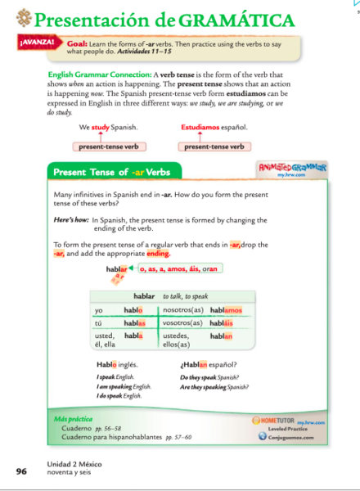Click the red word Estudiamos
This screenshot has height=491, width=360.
tap(205, 128)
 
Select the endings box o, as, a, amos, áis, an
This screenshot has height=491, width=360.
tap(179, 268)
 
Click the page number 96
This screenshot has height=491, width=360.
tap(21, 471)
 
